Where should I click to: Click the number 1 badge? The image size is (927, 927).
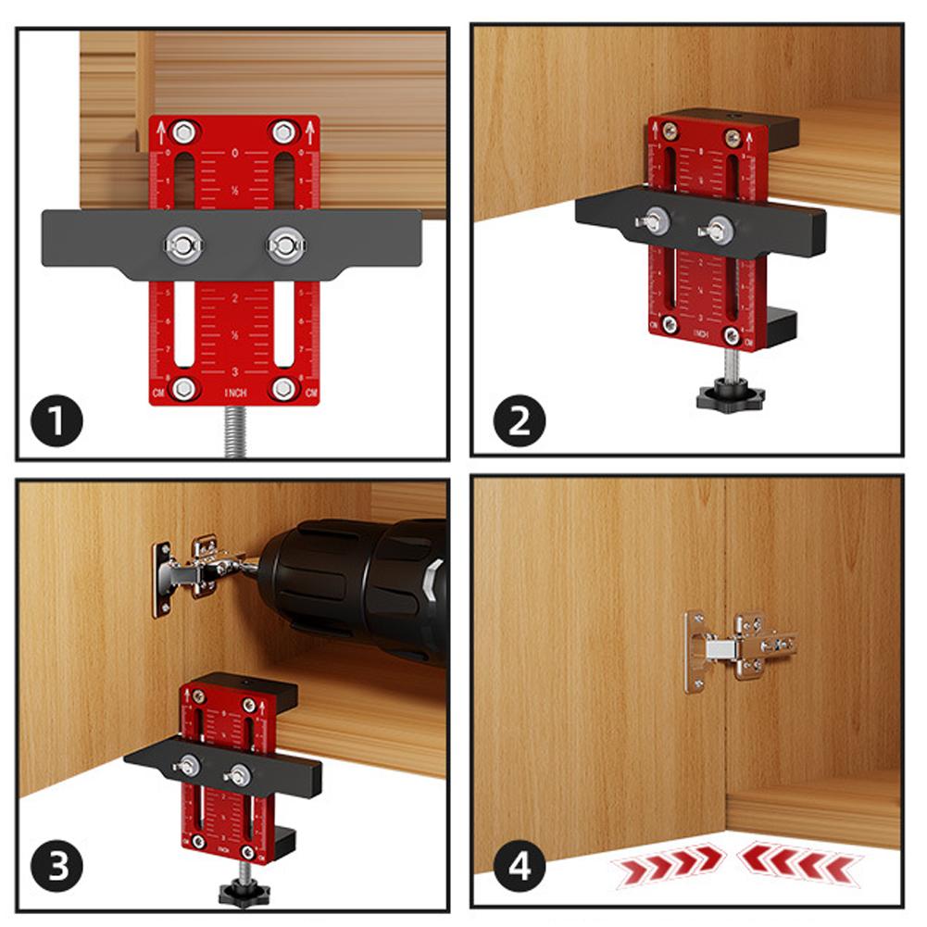click(56, 421)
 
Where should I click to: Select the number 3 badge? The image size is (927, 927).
click(56, 868)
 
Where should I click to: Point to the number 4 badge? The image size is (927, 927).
click(519, 868)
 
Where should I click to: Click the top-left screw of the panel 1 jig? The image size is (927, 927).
click(182, 130)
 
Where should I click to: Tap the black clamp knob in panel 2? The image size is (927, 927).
click(730, 395)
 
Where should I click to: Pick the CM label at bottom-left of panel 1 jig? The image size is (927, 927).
click(157, 395)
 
